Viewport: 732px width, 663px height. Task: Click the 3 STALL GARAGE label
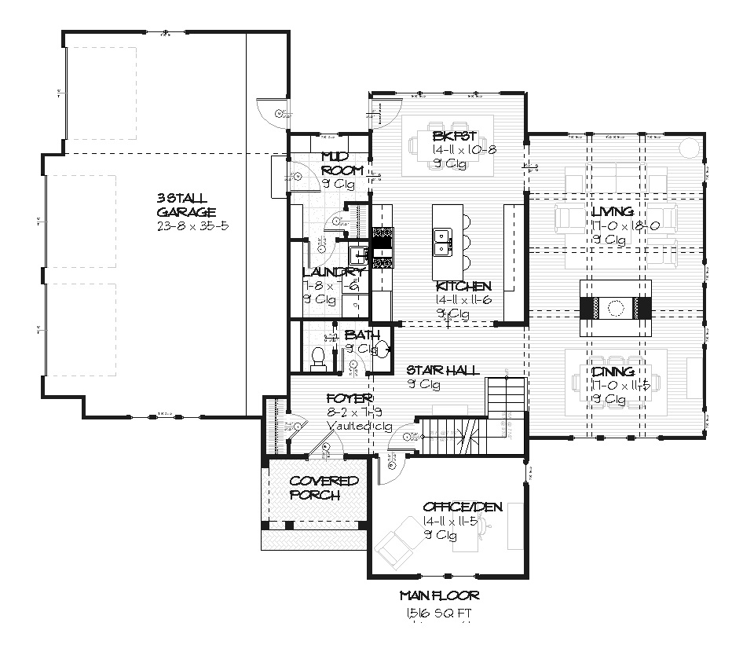point(185,204)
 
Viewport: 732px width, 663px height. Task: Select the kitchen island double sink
point(441,241)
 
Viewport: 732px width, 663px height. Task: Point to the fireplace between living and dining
point(617,307)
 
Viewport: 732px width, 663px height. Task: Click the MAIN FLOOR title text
point(439,595)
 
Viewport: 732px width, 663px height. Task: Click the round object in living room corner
point(688,148)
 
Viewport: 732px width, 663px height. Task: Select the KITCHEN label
point(464,286)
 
